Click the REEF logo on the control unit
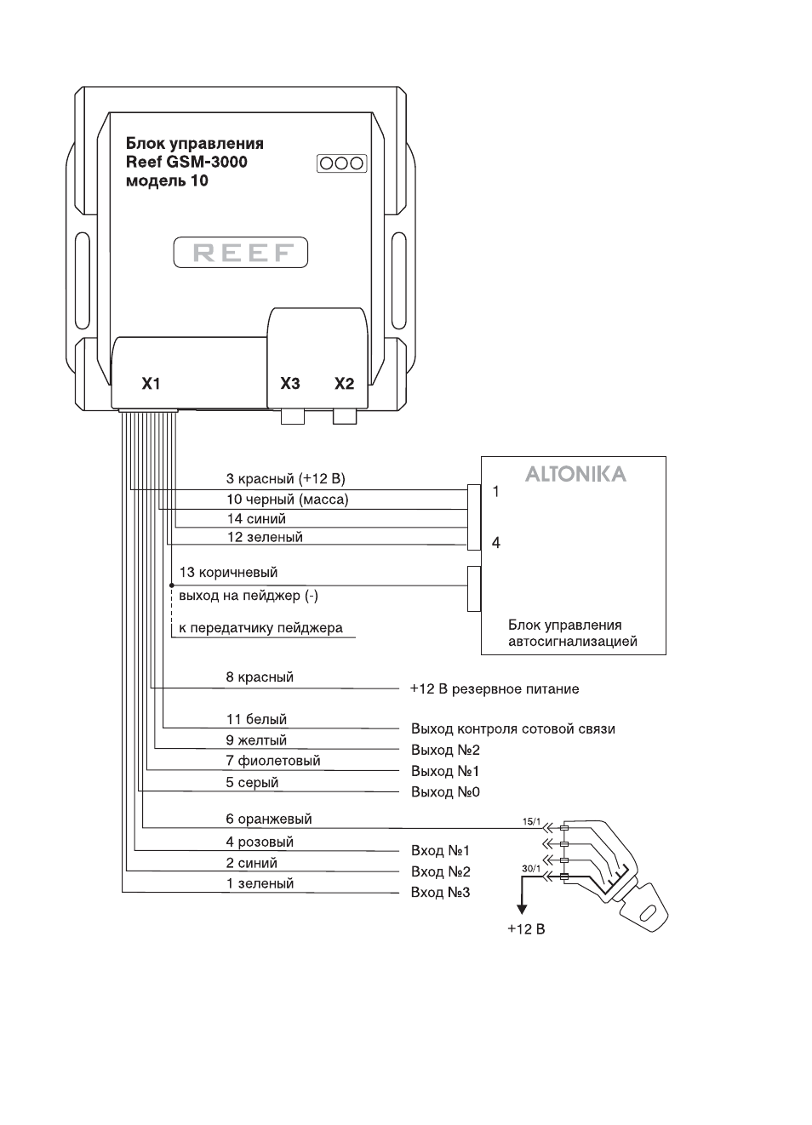241,252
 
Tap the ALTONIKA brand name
576,475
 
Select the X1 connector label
151,384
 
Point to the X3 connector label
290,384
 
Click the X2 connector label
344,384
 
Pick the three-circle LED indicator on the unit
341,163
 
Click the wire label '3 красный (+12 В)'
285,478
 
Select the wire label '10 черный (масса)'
287,500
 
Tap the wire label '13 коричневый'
229,572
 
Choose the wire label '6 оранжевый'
269,819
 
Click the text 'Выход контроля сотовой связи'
513,728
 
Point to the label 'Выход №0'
445,792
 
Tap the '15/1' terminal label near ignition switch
531,822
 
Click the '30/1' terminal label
531,869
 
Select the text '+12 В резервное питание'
495,688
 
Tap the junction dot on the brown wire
171,585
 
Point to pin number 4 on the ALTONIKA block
496,543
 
